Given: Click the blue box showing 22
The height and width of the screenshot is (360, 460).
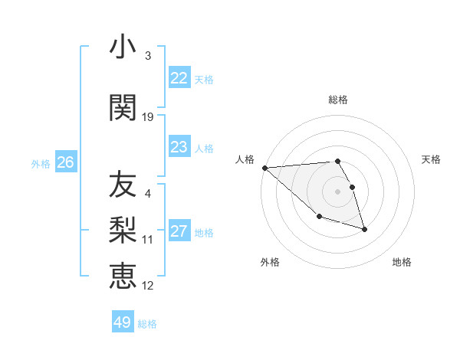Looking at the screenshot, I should point(179,78).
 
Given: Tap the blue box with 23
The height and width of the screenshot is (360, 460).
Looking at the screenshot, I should point(179,147).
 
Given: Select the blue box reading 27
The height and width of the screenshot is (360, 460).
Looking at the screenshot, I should point(179,231).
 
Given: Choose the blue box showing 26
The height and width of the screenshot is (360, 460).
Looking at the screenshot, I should point(65,162).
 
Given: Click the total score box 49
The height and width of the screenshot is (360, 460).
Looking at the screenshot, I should point(122,322).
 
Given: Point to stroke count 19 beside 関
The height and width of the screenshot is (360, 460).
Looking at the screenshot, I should point(148,117).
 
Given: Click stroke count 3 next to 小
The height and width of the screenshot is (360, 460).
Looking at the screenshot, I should point(147,56).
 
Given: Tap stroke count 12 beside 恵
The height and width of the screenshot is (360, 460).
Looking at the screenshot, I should point(148,286).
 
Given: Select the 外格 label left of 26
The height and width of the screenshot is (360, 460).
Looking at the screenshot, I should point(41,163).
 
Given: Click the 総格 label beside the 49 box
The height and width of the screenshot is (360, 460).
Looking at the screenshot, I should point(147,324).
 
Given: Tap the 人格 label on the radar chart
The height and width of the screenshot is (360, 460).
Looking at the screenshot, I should point(245,159).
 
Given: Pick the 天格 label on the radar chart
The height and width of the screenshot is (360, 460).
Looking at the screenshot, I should point(431,159).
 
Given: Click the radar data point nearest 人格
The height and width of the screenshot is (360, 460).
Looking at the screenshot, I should point(264,168).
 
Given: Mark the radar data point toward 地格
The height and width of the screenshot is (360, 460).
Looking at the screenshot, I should point(364,229).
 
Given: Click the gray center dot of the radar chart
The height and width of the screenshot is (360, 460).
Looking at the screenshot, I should point(337,191).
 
